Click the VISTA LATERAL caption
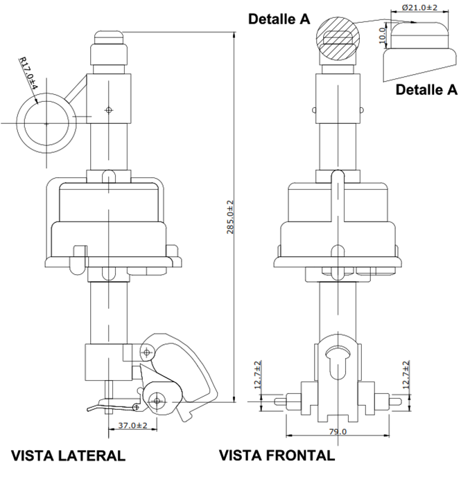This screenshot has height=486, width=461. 68,456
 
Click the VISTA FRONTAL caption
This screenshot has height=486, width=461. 277,456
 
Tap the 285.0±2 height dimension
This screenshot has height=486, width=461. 231,217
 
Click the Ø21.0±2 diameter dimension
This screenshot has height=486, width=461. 419,8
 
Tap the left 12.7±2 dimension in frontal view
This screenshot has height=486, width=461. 258,375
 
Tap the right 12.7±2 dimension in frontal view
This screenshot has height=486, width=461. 406,375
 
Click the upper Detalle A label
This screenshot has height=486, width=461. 279,20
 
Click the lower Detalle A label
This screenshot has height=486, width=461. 426,89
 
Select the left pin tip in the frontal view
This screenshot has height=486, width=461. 279,401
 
